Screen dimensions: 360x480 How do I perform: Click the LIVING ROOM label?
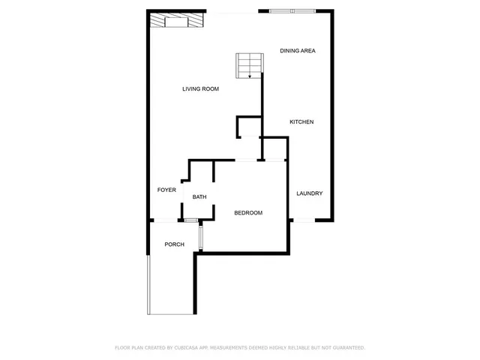(200, 89)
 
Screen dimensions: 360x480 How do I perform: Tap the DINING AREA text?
(297, 51)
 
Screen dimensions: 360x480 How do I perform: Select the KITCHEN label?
(301, 121)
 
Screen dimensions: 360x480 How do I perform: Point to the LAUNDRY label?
(309, 193)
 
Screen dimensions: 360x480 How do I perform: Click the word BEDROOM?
(248, 213)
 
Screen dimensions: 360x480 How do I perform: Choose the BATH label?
(199, 197)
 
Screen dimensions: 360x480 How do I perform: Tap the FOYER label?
(166, 190)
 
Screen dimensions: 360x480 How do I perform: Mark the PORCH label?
(174, 244)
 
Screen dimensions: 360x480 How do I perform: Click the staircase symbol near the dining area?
(250, 65)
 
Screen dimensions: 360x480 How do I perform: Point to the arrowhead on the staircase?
(250, 76)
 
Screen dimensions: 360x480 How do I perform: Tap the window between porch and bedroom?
(201, 237)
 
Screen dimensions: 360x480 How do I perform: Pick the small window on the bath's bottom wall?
(191, 220)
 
